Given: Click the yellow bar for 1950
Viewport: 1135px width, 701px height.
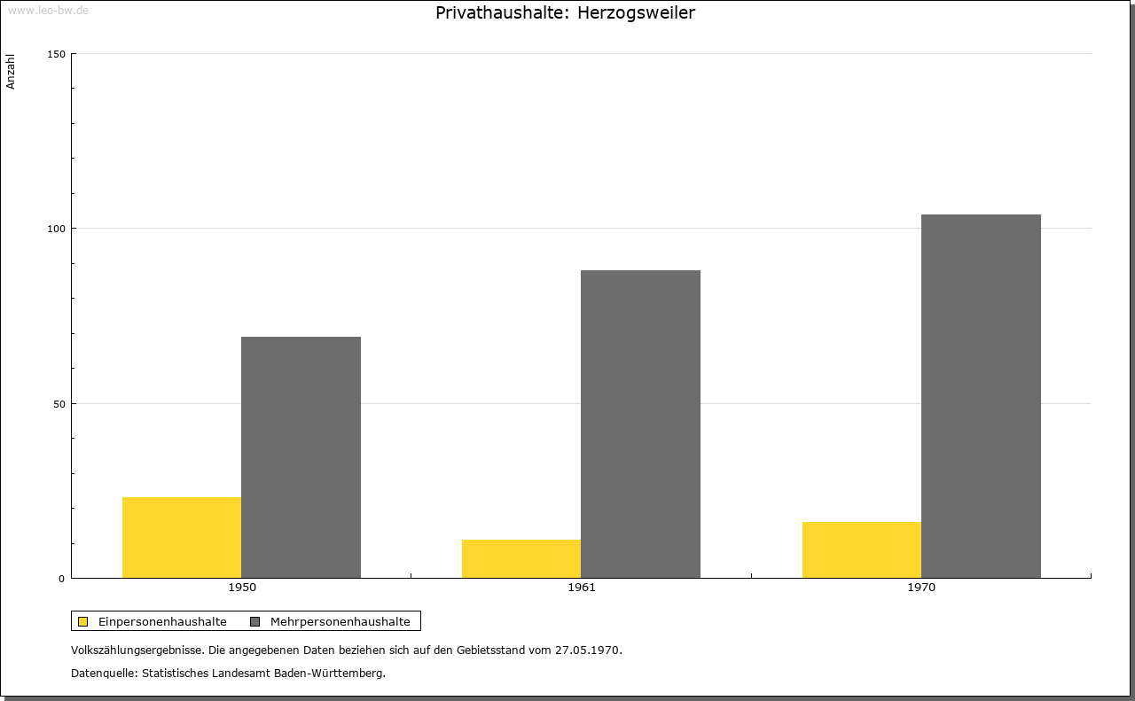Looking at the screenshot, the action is pos(182,537).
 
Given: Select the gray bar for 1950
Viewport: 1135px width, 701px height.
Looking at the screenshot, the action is pos(301,457).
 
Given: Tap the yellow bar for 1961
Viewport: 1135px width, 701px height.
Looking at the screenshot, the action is pos(521,558).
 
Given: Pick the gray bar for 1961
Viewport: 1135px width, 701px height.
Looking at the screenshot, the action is pos(640,424).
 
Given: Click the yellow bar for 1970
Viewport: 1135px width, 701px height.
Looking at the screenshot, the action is pos(862,550).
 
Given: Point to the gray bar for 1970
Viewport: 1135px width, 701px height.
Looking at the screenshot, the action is pos(981,396).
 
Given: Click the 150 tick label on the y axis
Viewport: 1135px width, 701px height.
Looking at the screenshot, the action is pos(56,54).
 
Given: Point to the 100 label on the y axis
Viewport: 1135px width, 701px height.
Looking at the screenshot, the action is pos(56,229).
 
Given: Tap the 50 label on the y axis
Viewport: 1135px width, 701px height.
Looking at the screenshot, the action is pos(59,404).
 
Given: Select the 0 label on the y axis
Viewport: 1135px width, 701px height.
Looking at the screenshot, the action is pos(62,579).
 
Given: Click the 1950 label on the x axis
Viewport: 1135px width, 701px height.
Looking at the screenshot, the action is pos(242,588).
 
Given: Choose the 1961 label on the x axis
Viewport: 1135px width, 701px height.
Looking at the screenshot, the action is pos(582,588).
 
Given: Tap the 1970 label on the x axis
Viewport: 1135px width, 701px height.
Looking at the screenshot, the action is pos(921,588).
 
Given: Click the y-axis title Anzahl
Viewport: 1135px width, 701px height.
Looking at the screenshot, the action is pos(10,72).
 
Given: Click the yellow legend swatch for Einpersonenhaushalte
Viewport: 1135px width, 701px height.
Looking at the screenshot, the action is pos(82,621).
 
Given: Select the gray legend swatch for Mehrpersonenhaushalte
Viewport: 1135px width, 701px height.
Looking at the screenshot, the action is pos(254,621).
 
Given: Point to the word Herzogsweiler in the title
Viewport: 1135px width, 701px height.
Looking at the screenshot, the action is pos(636,12).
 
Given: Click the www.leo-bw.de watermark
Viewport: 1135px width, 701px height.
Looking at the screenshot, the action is pos(48,10).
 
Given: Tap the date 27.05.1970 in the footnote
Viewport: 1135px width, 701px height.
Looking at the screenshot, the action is pos(587,650).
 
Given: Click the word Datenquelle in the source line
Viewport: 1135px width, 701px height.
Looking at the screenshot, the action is pos(103,674).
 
